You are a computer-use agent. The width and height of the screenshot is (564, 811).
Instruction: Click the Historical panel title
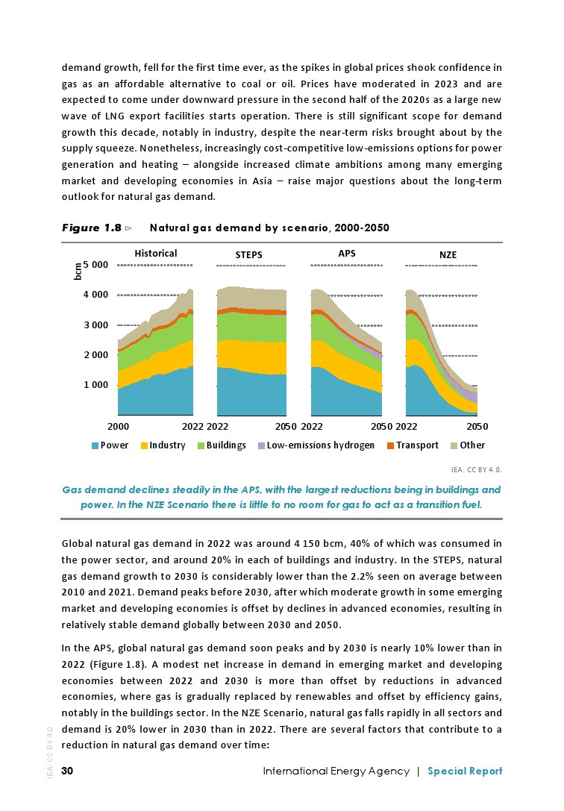click(x=155, y=253)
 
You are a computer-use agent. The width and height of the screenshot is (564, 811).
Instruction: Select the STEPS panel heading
click(x=248, y=255)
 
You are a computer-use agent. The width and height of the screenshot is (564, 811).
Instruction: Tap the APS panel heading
click(x=346, y=253)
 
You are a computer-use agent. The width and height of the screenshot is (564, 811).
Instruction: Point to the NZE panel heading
click(x=448, y=255)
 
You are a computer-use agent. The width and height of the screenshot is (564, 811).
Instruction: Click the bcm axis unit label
click(x=78, y=270)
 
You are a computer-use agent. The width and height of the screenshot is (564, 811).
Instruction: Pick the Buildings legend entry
click(x=226, y=445)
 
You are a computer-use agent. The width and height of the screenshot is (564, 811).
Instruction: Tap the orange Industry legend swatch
click(x=144, y=446)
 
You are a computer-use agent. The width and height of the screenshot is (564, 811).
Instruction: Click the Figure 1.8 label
click(x=91, y=228)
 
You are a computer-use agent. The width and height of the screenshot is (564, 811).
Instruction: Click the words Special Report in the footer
click(x=465, y=771)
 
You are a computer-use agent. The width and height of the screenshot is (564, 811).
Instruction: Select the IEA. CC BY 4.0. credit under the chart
click(x=477, y=470)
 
